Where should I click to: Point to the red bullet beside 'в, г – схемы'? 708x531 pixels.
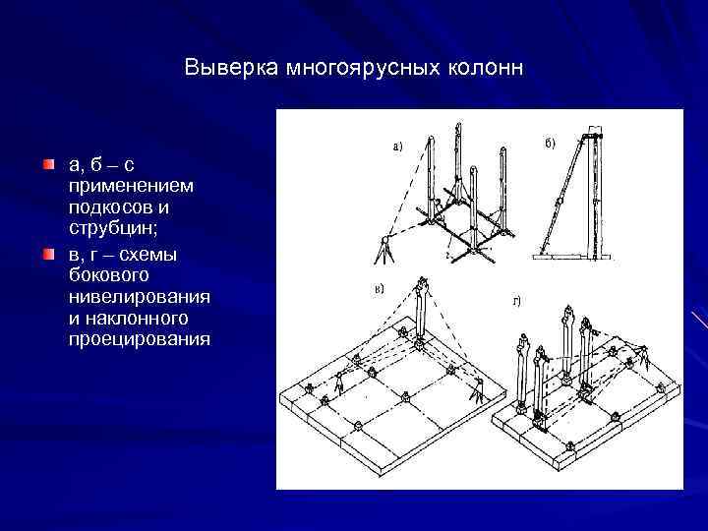[49, 255]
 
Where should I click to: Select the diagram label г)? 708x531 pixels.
[514, 300]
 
